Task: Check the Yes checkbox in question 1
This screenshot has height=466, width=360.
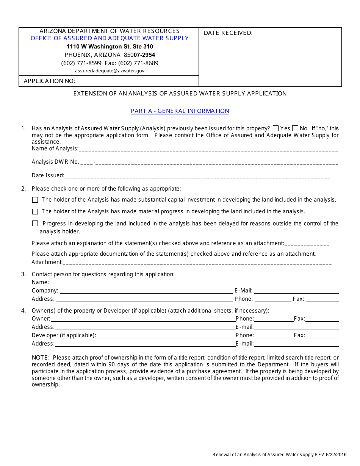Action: (276, 128)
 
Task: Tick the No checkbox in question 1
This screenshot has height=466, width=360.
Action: (295, 128)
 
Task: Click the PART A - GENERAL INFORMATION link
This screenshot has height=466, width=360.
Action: (180, 111)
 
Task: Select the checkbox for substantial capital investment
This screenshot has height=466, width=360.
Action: (35, 200)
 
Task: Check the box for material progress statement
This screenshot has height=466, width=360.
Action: (35, 212)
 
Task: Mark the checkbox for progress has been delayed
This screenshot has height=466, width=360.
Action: (35, 224)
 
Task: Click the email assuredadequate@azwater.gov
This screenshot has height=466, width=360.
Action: (110, 71)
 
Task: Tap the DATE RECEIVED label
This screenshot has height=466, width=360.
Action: (228, 33)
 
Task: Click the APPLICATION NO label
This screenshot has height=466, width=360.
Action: (49, 81)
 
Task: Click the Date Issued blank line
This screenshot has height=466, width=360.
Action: (197, 176)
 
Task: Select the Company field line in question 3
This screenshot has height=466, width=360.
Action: (146, 291)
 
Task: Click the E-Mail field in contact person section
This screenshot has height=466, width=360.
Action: (296, 291)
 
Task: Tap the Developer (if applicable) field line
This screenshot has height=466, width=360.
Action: (166, 336)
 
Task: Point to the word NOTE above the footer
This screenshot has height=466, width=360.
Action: (41, 358)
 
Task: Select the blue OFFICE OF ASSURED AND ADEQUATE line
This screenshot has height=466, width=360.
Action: (110, 38)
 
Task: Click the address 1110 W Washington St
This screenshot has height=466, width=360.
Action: (110, 47)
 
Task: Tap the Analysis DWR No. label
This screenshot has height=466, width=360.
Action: (55, 162)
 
